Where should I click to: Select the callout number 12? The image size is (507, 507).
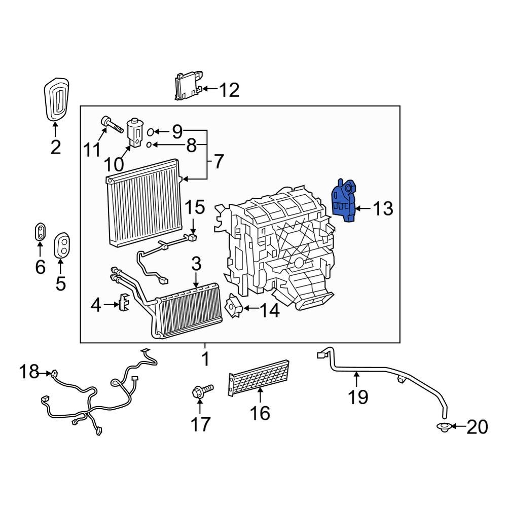(x=229, y=90)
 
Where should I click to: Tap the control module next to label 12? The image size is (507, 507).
(x=188, y=86)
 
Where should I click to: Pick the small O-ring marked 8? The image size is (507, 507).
(x=149, y=145)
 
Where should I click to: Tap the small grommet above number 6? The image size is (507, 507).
(x=40, y=232)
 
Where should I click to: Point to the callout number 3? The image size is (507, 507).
(x=196, y=264)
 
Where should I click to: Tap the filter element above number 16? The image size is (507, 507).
(x=259, y=378)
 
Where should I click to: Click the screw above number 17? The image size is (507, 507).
(x=201, y=390)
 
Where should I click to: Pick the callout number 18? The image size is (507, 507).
(x=29, y=372)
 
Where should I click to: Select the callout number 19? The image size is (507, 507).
(x=358, y=396)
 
